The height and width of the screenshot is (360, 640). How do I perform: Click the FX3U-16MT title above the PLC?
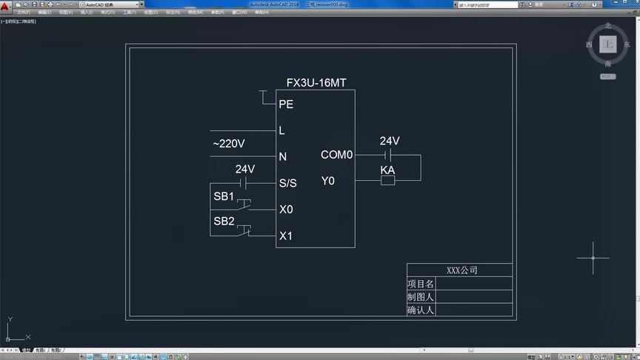316,83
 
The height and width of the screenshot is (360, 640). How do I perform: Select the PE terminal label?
286,104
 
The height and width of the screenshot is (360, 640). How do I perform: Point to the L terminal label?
281,130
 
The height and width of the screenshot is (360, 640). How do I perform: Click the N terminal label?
282,156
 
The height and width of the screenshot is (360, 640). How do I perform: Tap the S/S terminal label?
287,183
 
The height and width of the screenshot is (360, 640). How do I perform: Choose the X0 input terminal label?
286,210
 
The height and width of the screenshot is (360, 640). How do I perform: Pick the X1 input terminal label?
286,236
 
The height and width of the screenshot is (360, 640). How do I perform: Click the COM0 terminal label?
337,155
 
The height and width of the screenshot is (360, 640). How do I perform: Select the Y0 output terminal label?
327,181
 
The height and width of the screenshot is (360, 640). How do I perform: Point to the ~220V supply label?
229,143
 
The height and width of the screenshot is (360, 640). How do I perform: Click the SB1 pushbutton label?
224,196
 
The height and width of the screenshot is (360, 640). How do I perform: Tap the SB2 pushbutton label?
224,221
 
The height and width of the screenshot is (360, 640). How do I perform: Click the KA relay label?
387,170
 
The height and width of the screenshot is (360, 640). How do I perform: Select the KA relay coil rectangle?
387,181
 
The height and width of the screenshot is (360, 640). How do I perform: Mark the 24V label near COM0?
390,141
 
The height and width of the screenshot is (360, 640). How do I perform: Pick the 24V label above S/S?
245,169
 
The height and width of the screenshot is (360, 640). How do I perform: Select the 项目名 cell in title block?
421,284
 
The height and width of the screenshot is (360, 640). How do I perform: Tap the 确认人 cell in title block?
421,310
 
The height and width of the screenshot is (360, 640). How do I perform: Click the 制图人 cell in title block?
421,297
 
